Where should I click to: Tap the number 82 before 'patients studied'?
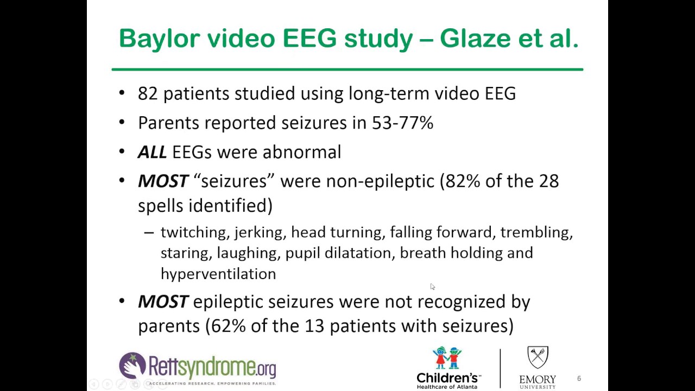(148, 93)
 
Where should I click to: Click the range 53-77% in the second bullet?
(402, 123)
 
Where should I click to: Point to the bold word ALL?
(152, 152)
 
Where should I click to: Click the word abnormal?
(301, 152)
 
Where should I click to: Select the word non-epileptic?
(380, 181)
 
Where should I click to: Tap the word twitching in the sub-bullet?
(193, 232)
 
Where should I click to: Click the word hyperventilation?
(218, 274)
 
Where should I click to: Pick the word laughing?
(247, 253)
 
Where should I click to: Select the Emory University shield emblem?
(538, 357)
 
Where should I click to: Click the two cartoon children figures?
(447, 358)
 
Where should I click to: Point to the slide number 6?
(579, 379)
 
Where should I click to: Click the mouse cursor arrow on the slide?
(432, 286)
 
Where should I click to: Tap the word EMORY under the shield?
(538, 379)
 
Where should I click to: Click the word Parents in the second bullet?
(168, 123)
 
